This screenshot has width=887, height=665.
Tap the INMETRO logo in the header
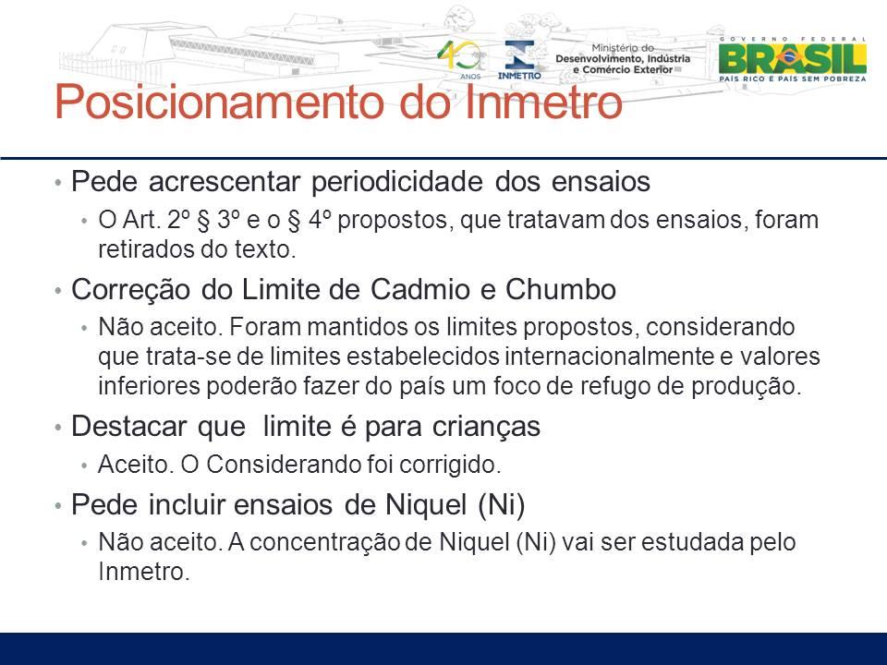518,59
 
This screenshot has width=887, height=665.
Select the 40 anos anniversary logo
461,59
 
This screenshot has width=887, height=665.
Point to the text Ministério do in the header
622,48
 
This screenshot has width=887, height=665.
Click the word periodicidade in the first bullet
397,182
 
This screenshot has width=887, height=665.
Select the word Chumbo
560,289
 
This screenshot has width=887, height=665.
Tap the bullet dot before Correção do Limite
57,291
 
